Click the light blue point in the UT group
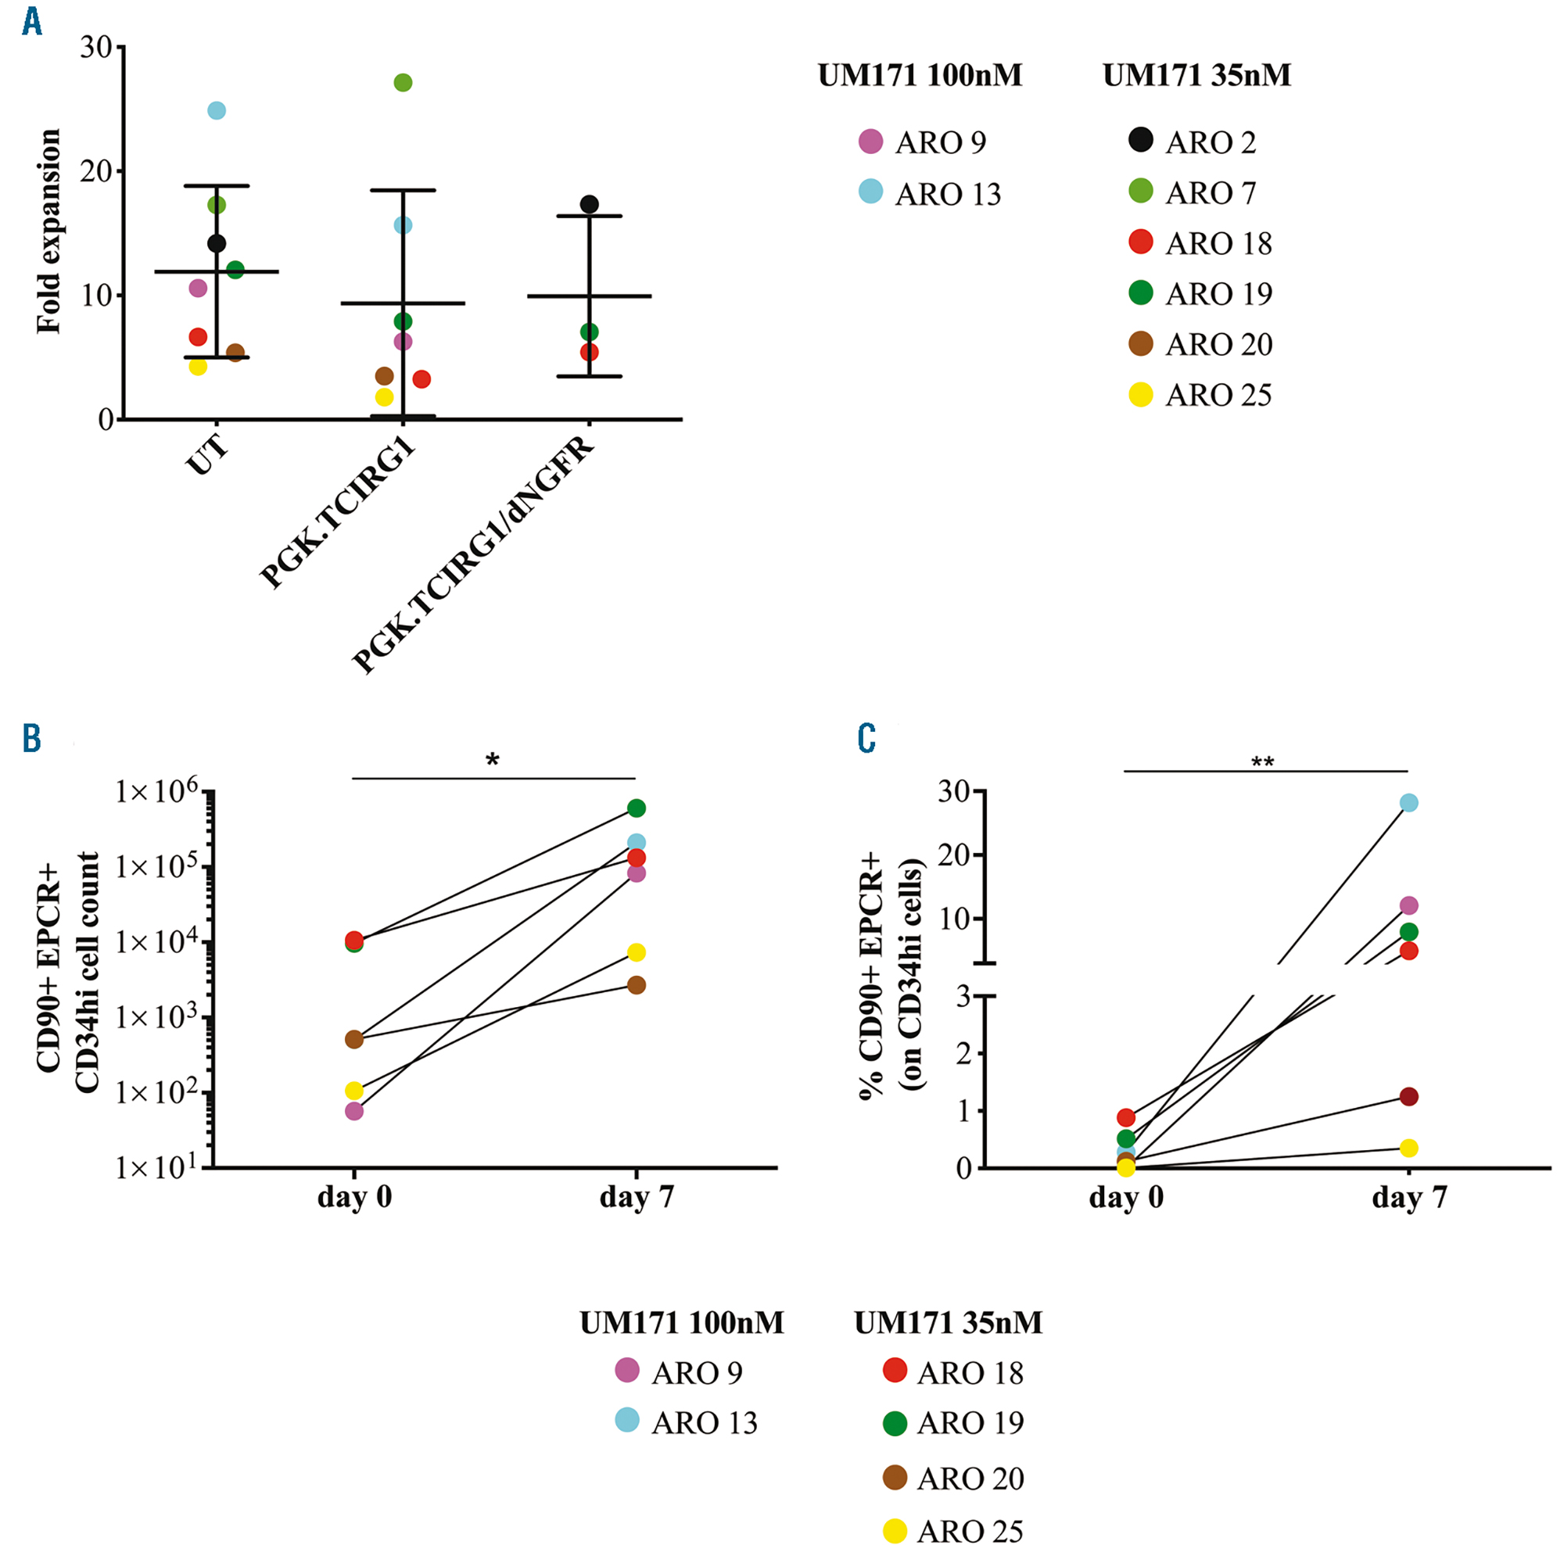tap(216, 110)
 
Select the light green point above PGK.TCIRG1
tap(402, 83)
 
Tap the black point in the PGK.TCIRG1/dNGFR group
tap(590, 204)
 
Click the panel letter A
tap(31, 21)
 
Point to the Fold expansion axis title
tap(48, 231)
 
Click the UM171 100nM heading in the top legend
tap(920, 75)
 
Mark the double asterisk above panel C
tap(1262, 762)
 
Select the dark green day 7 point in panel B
tap(637, 808)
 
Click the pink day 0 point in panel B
tap(353, 1111)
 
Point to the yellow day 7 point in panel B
tap(637, 952)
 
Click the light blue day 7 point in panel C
tap(1408, 803)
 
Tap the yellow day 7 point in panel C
tap(1408, 1148)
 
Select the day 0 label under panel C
tap(1125, 1197)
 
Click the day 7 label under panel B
tap(637, 1196)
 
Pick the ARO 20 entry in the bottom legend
tap(952, 1478)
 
